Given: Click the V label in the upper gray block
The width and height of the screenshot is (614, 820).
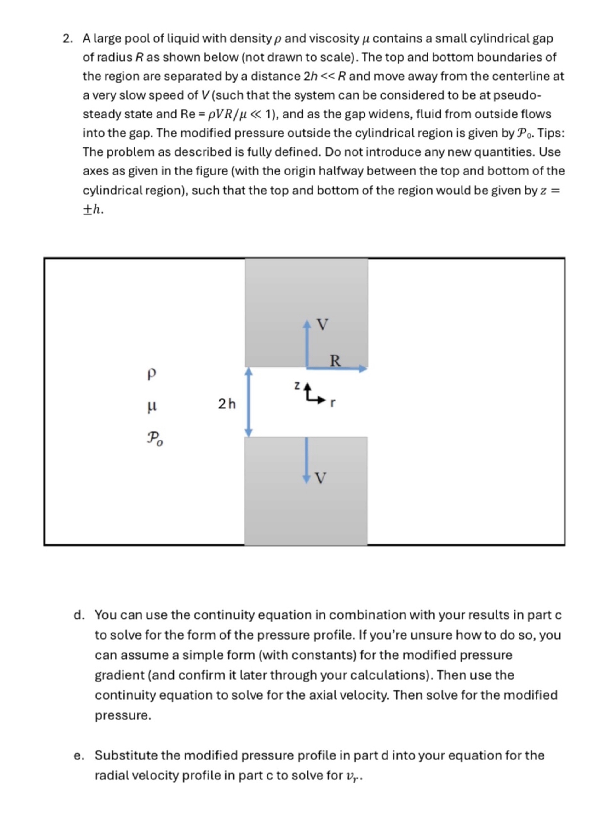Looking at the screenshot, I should point(323,324).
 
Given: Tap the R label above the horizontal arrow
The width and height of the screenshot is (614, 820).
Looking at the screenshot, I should point(335,360).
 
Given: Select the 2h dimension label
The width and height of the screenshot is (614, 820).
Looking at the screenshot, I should point(227,404).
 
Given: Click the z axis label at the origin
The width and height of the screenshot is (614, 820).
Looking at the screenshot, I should point(297,385).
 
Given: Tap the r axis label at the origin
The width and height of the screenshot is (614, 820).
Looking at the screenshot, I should point(333,403).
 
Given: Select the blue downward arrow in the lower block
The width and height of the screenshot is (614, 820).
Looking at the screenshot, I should point(306,460).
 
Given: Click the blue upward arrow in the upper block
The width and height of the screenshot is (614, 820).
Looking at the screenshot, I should point(307,343).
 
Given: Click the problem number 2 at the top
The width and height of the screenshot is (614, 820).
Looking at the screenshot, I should point(67,38).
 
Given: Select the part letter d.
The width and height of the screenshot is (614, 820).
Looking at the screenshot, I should point(78,615).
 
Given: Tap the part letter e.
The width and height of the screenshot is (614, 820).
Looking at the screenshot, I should point(78,755).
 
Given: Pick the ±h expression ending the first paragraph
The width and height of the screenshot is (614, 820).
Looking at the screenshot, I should point(93,210).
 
